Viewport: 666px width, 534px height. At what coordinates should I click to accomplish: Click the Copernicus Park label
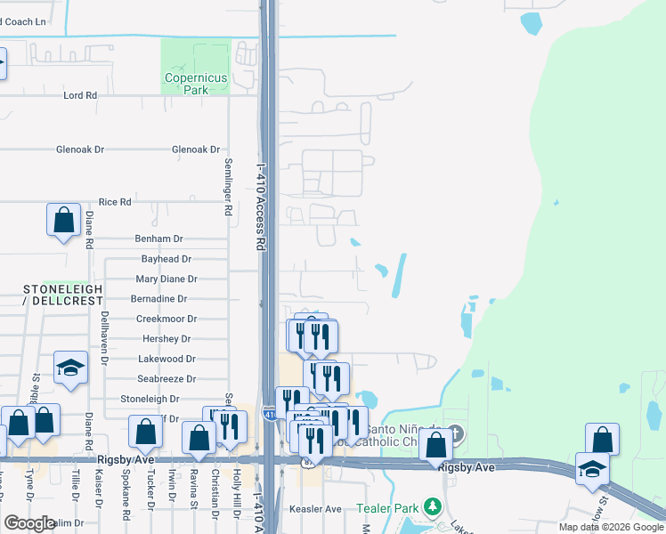point(196,84)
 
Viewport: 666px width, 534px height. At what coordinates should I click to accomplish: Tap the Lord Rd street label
point(79,95)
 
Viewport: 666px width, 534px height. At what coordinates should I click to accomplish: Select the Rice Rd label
point(115,202)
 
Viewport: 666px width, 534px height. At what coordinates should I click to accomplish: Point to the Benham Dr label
point(158,239)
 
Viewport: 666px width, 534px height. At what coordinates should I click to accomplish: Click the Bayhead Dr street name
point(166,259)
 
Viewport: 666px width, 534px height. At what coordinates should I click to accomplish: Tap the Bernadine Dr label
point(158,299)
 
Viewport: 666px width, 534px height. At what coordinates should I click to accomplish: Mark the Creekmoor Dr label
point(166,319)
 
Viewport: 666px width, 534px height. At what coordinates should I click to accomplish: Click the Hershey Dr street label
point(166,339)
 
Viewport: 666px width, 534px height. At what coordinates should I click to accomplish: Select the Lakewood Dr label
point(166,359)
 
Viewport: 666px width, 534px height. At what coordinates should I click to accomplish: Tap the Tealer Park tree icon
point(433,507)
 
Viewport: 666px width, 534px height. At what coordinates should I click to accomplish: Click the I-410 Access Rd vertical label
point(261,205)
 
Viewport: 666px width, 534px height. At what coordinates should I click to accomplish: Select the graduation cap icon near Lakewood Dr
point(71,368)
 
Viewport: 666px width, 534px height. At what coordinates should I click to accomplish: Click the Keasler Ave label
point(316,509)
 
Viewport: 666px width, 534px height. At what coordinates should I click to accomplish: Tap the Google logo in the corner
point(29,523)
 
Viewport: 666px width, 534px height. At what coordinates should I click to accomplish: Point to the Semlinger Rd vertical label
point(228,188)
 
